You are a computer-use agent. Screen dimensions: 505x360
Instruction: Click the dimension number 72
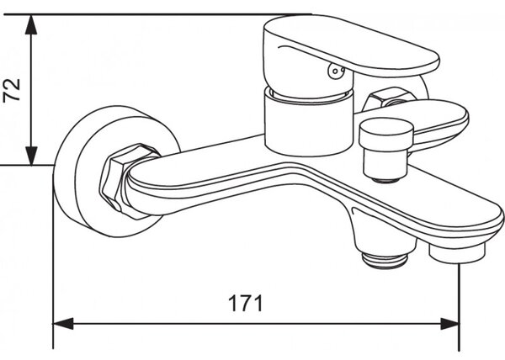[x=12, y=90]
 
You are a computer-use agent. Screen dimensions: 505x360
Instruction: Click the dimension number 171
[x=246, y=304]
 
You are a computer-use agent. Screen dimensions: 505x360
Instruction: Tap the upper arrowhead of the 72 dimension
[x=31, y=24]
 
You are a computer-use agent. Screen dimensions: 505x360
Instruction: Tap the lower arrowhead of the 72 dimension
[x=31, y=156]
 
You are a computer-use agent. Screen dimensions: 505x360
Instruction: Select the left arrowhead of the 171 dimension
[x=63, y=324]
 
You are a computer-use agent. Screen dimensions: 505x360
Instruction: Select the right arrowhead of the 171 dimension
[x=449, y=324]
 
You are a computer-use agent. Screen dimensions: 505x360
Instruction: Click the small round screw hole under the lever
[x=336, y=71]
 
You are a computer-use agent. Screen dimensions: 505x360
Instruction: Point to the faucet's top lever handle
[x=351, y=46]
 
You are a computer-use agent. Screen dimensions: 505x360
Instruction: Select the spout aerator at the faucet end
[x=457, y=252]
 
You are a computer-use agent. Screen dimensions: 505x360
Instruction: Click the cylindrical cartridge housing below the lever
[x=309, y=122]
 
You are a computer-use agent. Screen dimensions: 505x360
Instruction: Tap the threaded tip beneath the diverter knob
[x=388, y=179]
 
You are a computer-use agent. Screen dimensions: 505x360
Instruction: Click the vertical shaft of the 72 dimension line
[x=31, y=90]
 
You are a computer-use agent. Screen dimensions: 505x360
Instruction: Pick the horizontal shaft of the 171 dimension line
[x=256, y=324]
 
